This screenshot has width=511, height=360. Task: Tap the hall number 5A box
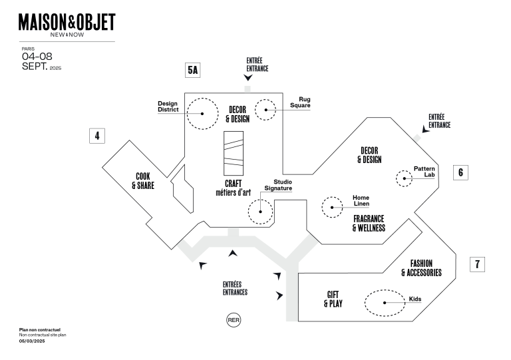coord(192,69)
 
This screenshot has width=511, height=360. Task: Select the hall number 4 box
coord(97,136)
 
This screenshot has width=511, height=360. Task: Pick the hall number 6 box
coord(460,172)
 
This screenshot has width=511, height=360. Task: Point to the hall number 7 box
coord(477,264)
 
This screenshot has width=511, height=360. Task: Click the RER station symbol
coord(234,320)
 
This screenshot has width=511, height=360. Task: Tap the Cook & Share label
coord(143,182)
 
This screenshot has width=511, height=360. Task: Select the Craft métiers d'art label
coord(233,188)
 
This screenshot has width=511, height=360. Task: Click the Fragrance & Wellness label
coord(369,224)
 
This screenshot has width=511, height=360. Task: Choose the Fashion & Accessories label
coord(421,268)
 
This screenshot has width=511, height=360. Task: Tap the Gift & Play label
coord(333,299)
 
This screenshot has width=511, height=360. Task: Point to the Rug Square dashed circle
coord(266,109)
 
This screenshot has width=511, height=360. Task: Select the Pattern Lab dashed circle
coord(405,178)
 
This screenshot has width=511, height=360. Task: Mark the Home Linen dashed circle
coord(331,207)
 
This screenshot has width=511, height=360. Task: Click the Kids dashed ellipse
coord(385,303)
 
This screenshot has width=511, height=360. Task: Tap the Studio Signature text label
coord(279,185)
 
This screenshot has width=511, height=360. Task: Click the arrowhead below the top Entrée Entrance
coord(248,78)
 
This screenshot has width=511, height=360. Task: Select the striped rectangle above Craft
coord(234,149)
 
